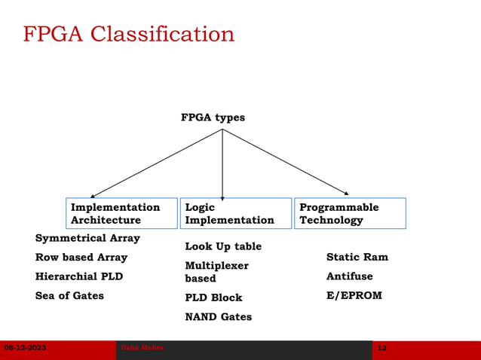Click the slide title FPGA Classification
coord(128,35)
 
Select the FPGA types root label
coord(213,117)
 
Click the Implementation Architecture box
coord(121,213)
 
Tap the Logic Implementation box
coord(235,213)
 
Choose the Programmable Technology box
coord(350,213)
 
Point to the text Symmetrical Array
coord(87,238)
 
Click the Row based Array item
coord(81,258)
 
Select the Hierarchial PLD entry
coord(79,276)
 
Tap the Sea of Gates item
coord(69,295)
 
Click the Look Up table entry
coord(223,246)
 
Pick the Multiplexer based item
coord(216,272)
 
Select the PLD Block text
coord(213,297)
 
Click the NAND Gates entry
coord(218,317)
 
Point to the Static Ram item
coord(357,257)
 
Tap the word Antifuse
coord(349,276)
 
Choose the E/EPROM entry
coord(354,295)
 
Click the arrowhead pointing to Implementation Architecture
coord(93,196)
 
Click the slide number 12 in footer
coord(381,348)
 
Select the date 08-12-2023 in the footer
coord(25,348)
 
